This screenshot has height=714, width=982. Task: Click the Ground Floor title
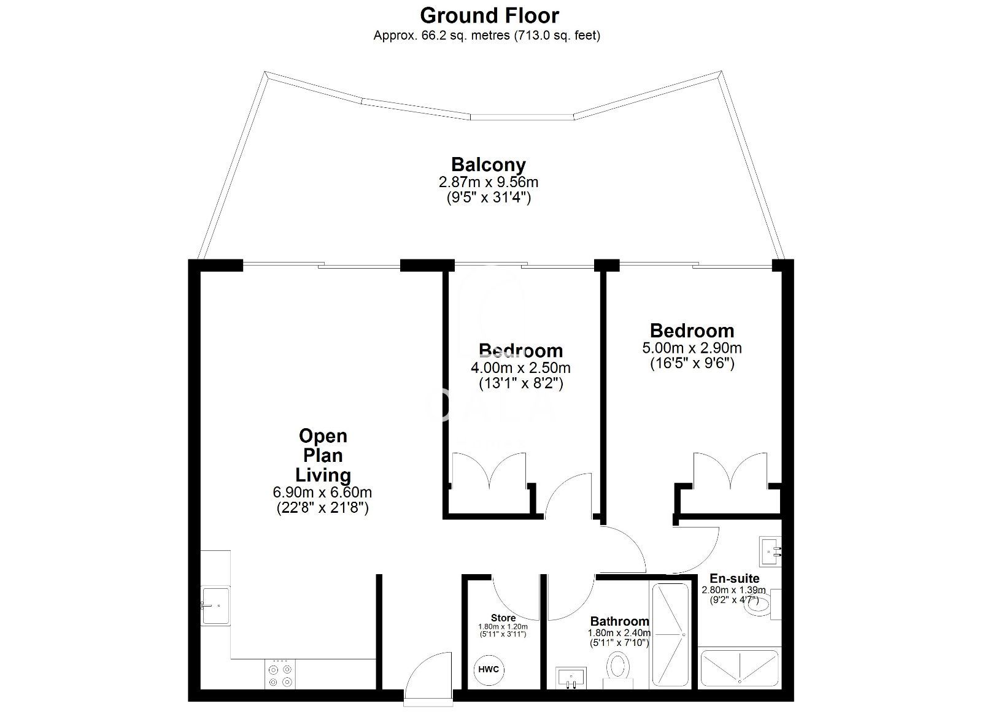point(489,16)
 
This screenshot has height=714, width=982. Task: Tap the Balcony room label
point(489,165)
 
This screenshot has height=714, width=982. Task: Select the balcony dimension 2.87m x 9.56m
point(489,182)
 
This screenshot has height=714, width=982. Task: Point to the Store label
point(503,618)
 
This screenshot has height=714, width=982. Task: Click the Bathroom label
point(619,621)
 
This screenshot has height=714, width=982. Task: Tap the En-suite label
point(734,578)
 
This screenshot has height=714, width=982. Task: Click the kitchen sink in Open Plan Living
point(215,605)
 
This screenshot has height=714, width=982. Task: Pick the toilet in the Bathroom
point(617,670)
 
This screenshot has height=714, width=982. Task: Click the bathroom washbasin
point(571,678)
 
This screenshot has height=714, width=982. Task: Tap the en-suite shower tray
point(740,668)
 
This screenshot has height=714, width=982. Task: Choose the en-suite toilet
point(763,604)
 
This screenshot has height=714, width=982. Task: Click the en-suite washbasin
point(771,552)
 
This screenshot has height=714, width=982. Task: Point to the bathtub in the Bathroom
point(670,635)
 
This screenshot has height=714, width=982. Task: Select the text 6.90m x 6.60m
point(322,493)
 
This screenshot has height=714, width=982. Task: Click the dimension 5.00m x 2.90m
point(692,348)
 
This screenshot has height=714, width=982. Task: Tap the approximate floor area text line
point(487,36)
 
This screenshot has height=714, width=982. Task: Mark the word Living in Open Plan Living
point(323,475)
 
